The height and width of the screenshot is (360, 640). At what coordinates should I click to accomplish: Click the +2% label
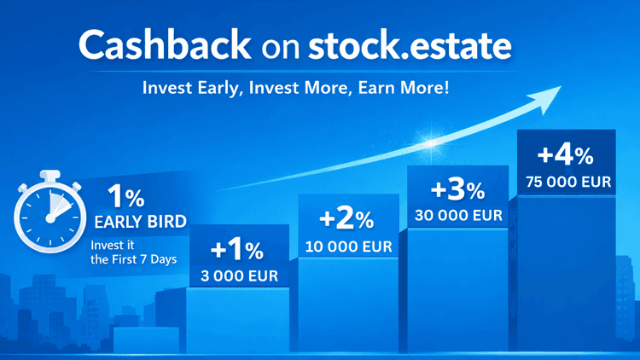tap(346, 219)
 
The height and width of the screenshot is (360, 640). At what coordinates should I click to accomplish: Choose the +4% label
tap(565, 156)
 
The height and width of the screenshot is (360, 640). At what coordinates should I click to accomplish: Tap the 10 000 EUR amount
tap(347, 247)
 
